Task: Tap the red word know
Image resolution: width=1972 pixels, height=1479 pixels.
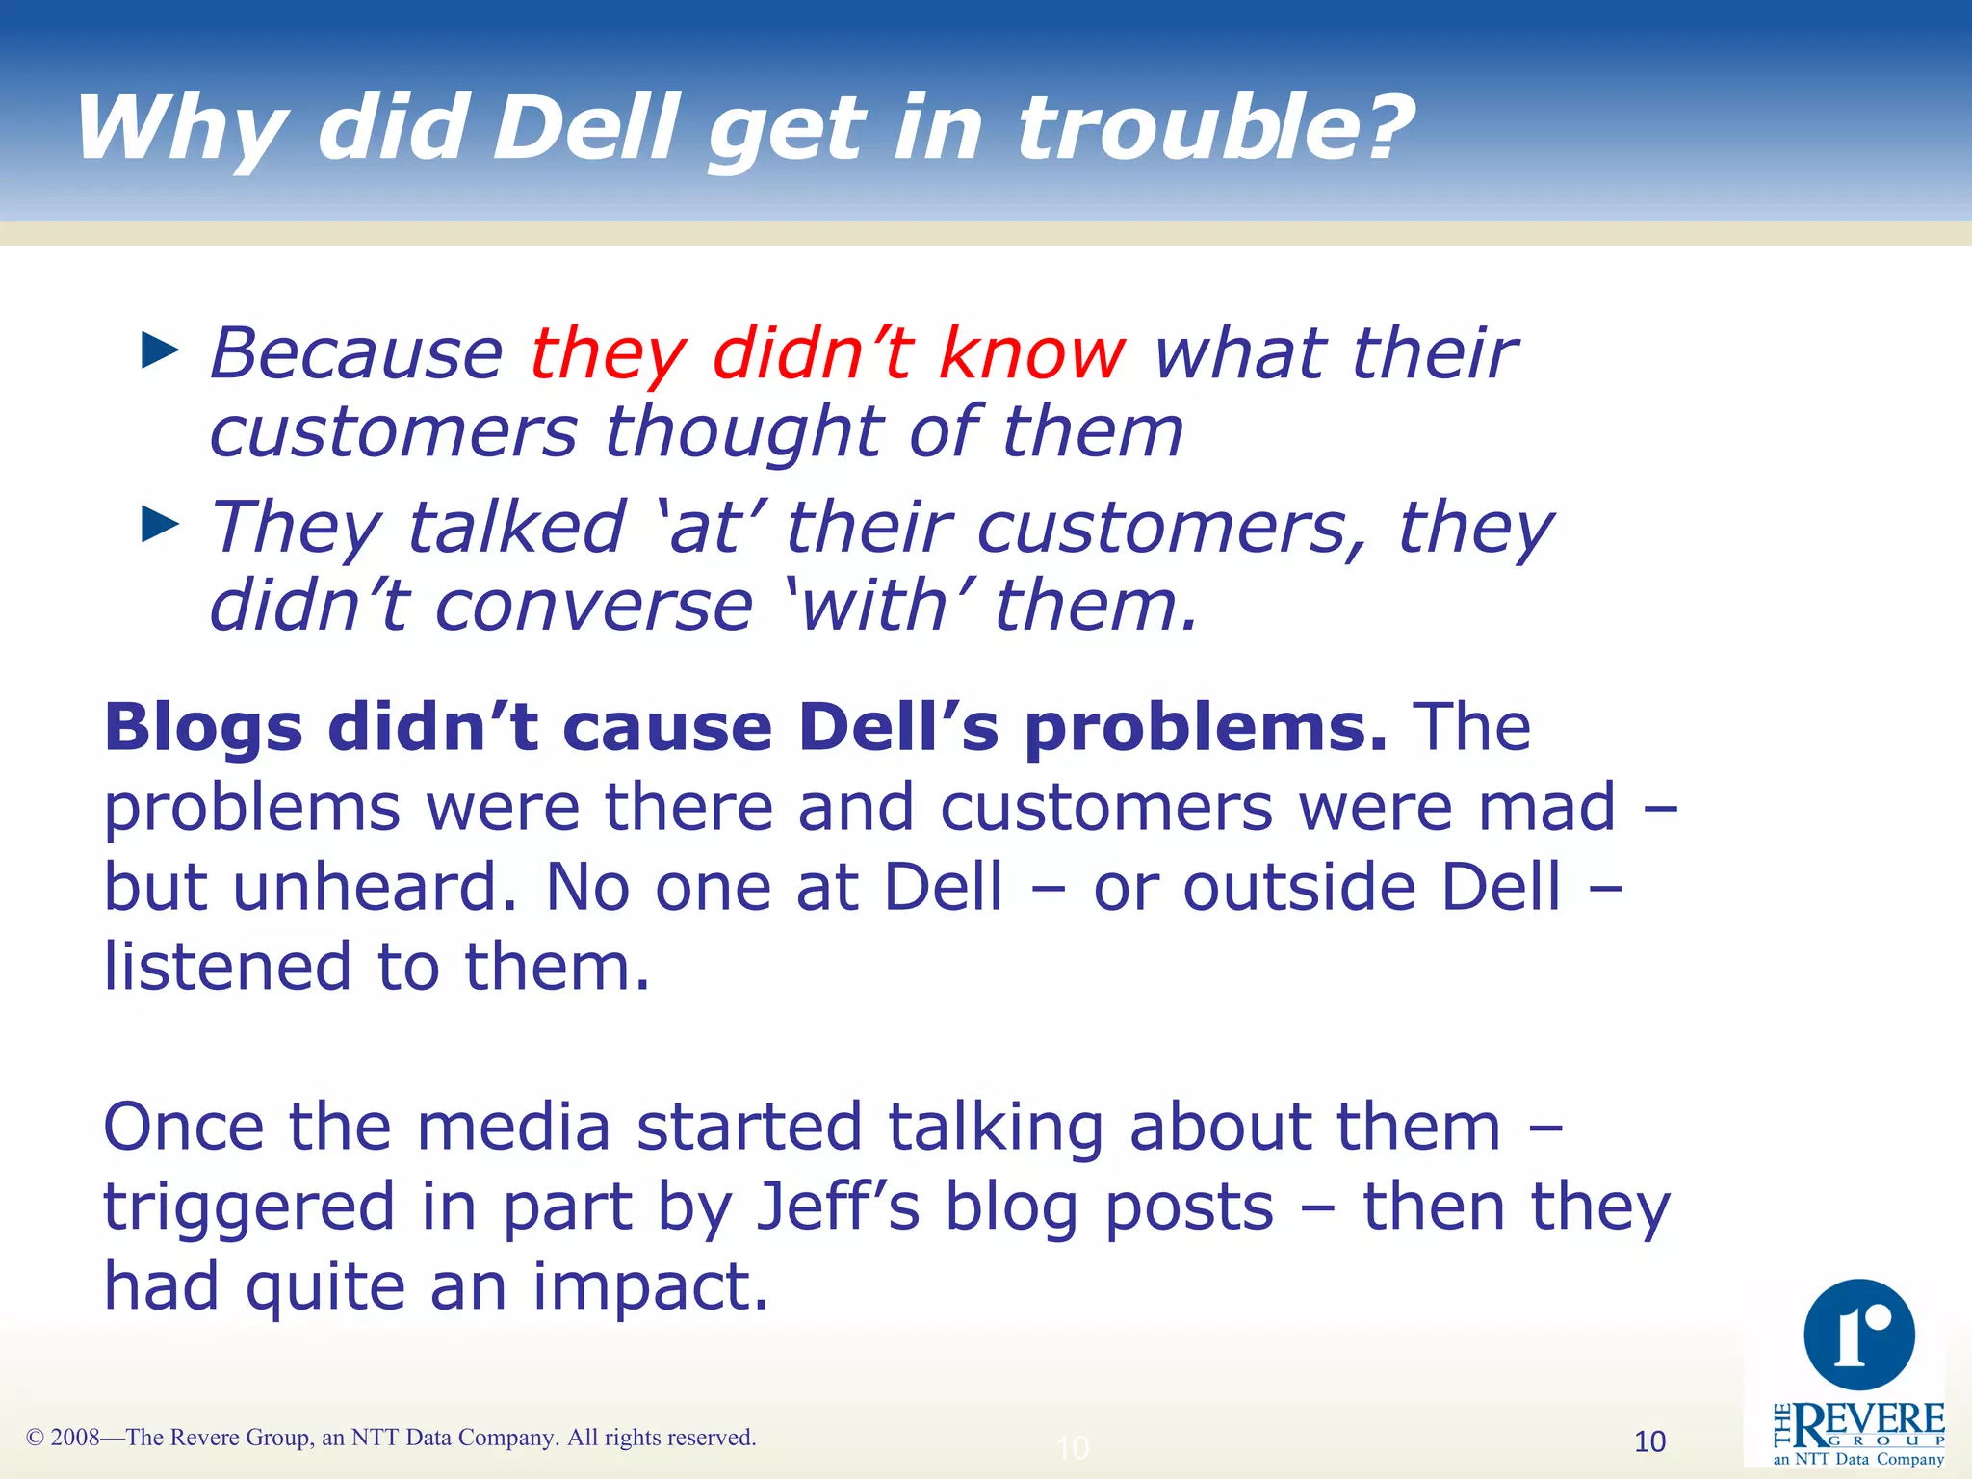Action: pos(1030,353)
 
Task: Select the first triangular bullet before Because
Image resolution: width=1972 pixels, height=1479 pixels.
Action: pos(160,350)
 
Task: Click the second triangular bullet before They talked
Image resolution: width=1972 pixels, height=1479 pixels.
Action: pos(160,525)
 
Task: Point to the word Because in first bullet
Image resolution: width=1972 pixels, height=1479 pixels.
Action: pos(356,353)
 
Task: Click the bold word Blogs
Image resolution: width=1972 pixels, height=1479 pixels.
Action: pos(203,729)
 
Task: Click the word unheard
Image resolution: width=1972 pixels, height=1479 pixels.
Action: pos(376,887)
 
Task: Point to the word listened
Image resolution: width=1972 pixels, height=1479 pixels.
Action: pos(227,967)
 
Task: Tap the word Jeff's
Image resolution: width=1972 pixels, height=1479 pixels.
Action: pos(838,1207)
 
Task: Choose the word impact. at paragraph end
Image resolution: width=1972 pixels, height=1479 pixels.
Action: pos(651,1287)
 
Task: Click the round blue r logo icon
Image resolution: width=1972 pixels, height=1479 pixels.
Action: pos(1858,1335)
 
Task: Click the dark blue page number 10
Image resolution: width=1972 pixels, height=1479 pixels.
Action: pos(1649,1441)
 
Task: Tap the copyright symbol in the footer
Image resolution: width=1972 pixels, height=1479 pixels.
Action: pos(36,1438)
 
